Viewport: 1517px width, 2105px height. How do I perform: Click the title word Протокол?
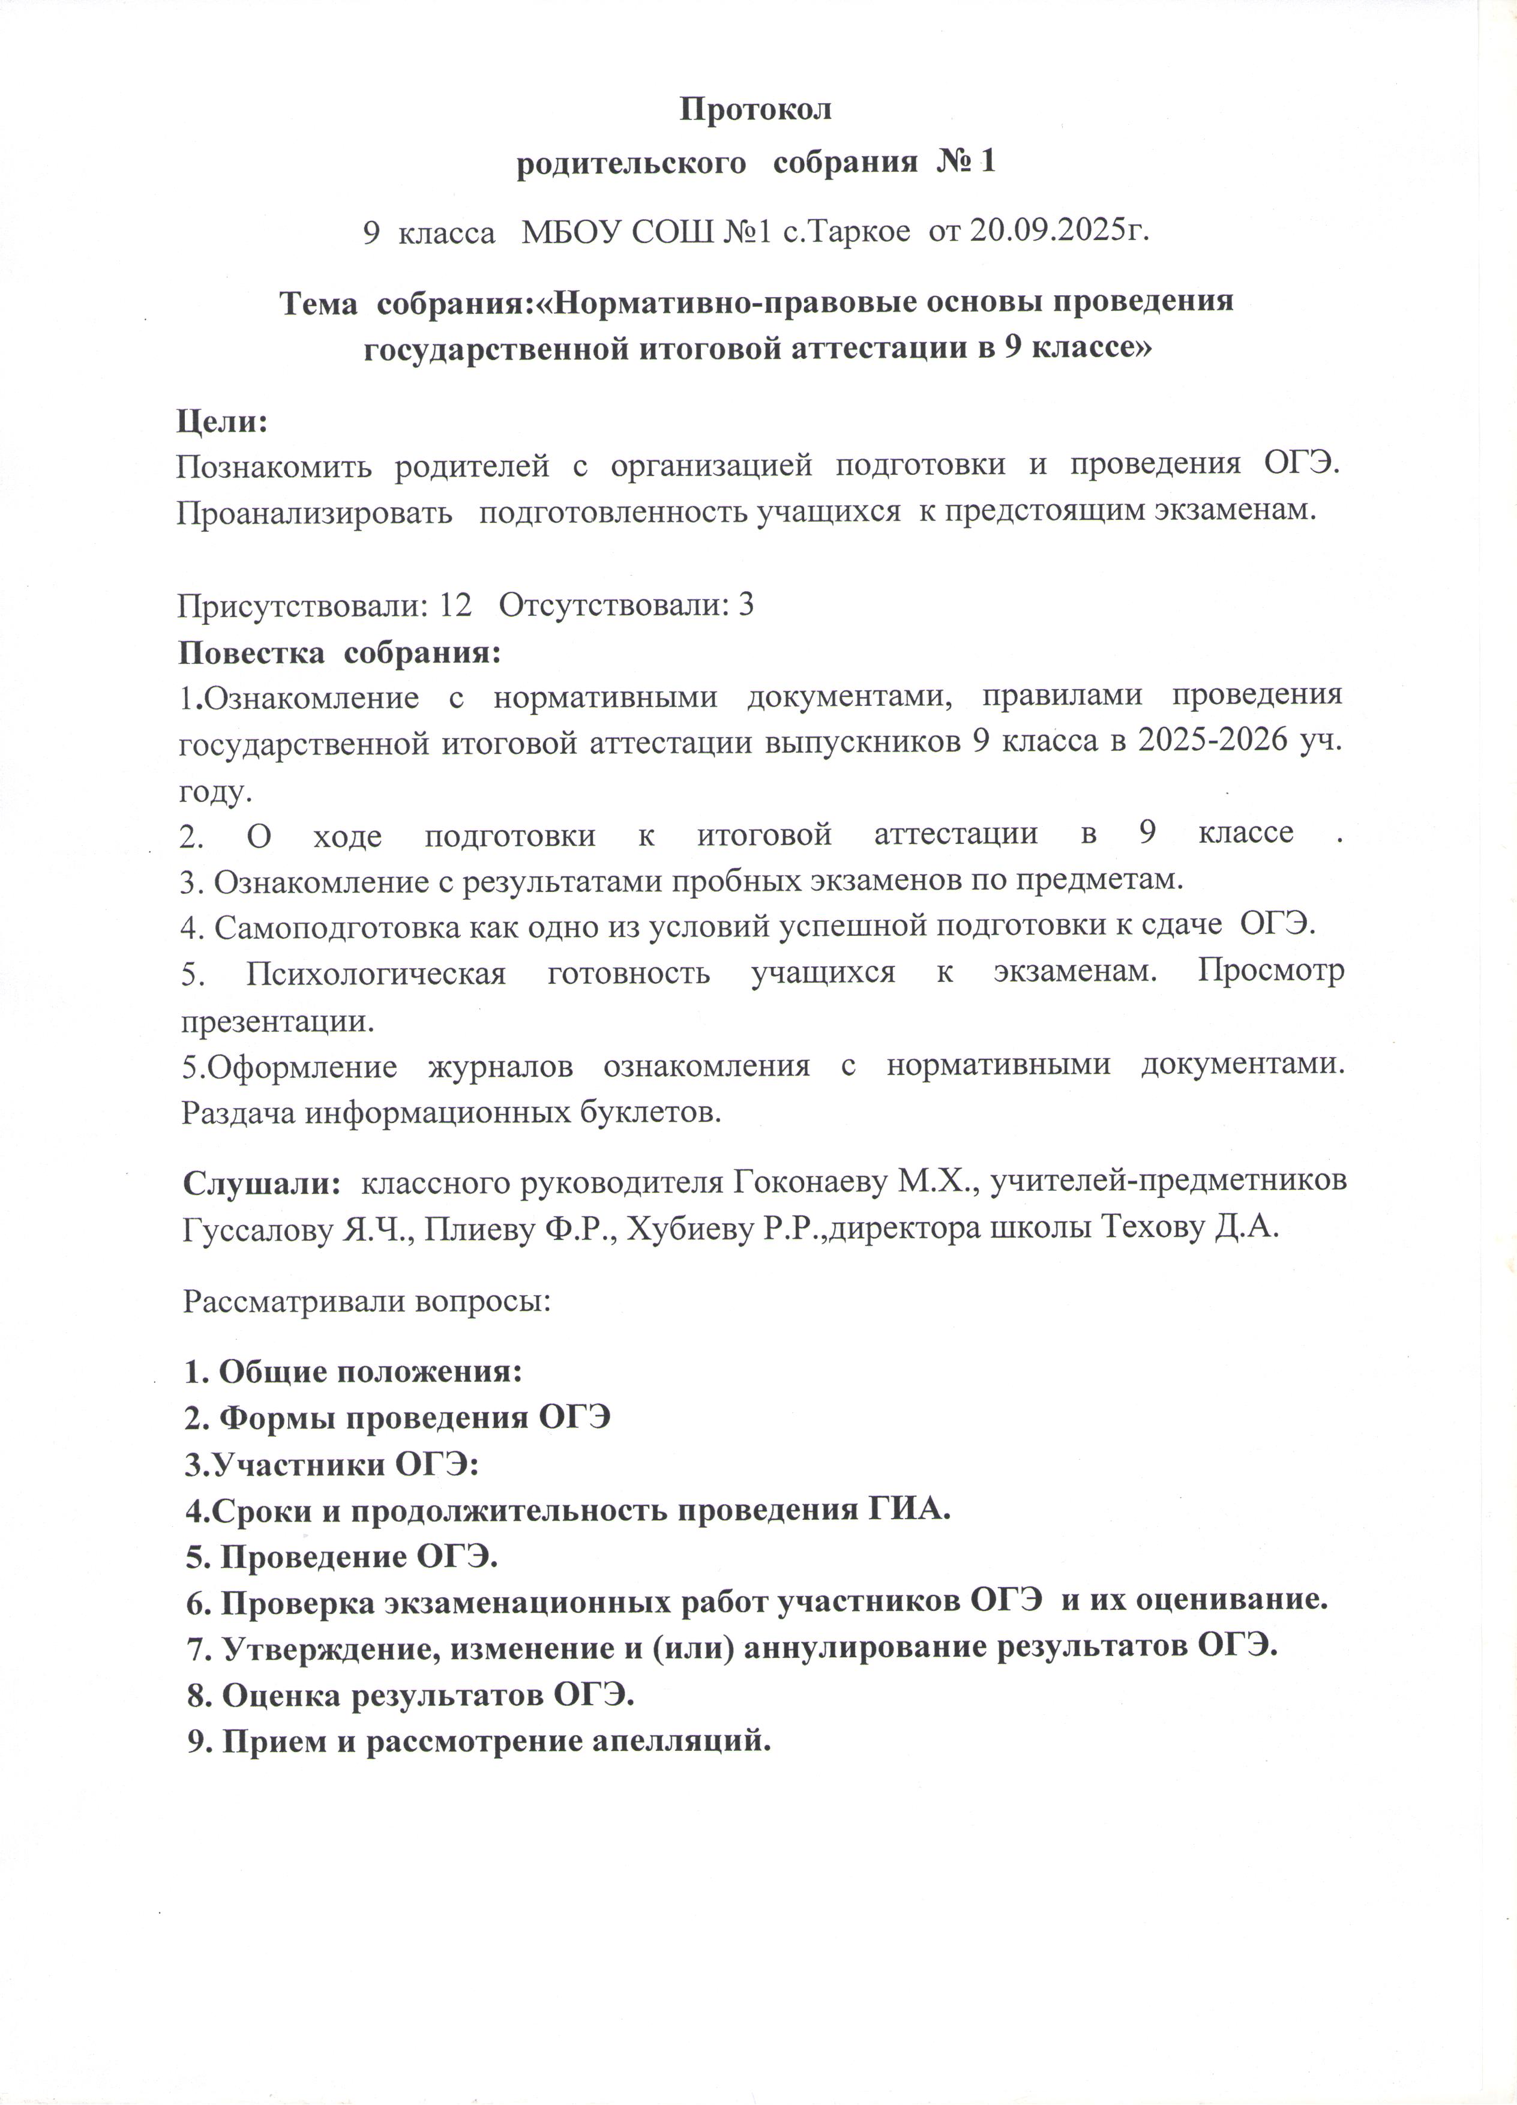click(x=756, y=109)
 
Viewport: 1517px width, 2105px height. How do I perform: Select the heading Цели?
click(x=222, y=421)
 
